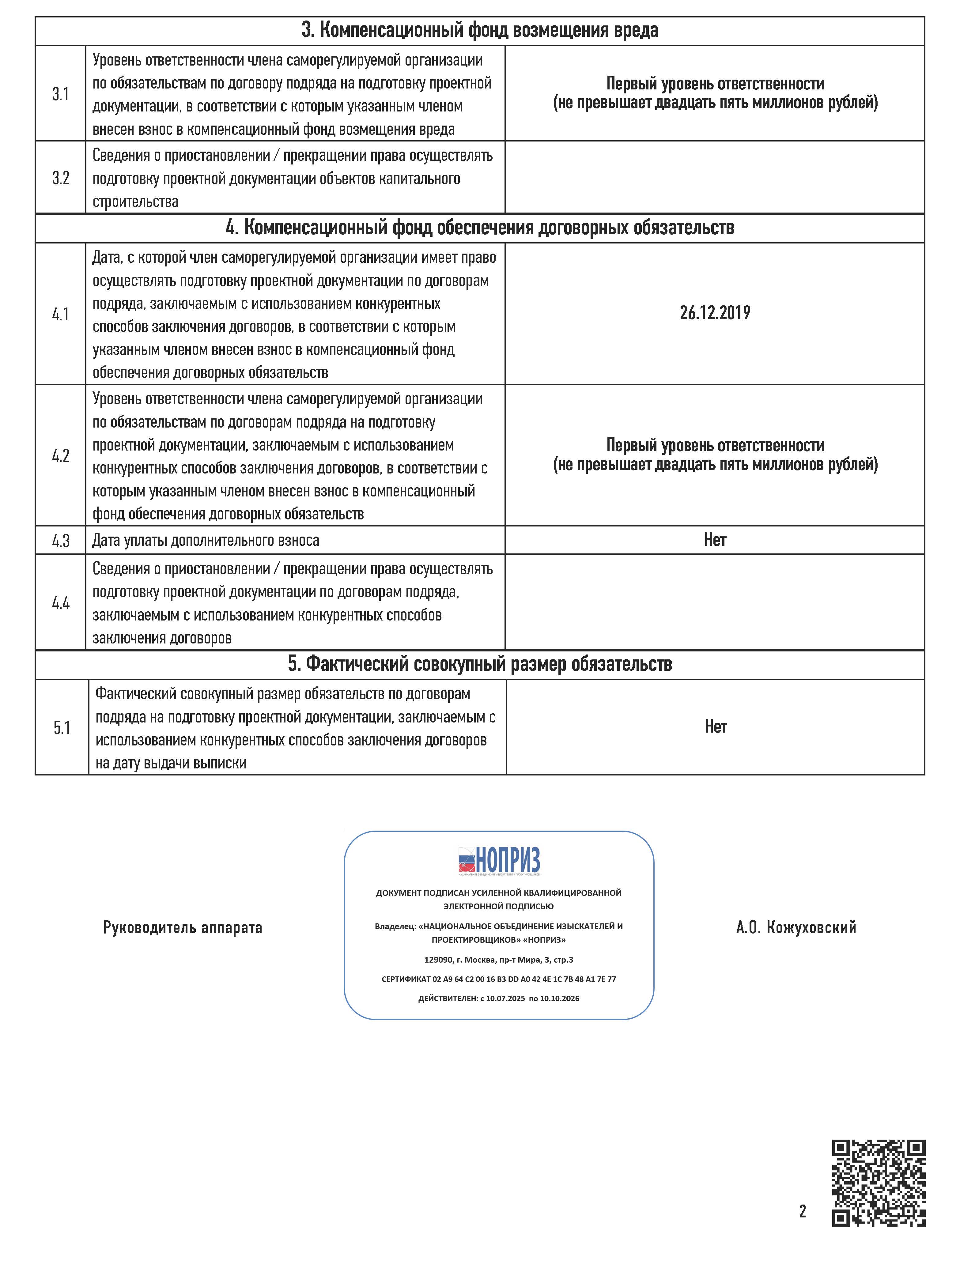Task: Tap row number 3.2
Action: tap(61, 178)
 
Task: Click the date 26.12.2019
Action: tap(715, 313)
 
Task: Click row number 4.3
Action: tap(61, 541)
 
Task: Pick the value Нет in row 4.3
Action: tap(715, 540)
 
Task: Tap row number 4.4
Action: tap(61, 603)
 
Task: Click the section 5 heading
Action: tap(480, 664)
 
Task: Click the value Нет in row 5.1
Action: tap(716, 727)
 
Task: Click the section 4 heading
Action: tap(480, 228)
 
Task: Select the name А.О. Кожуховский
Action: tap(796, 927)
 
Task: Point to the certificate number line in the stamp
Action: tap(499, 979)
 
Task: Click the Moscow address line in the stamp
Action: tap(499, 960)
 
